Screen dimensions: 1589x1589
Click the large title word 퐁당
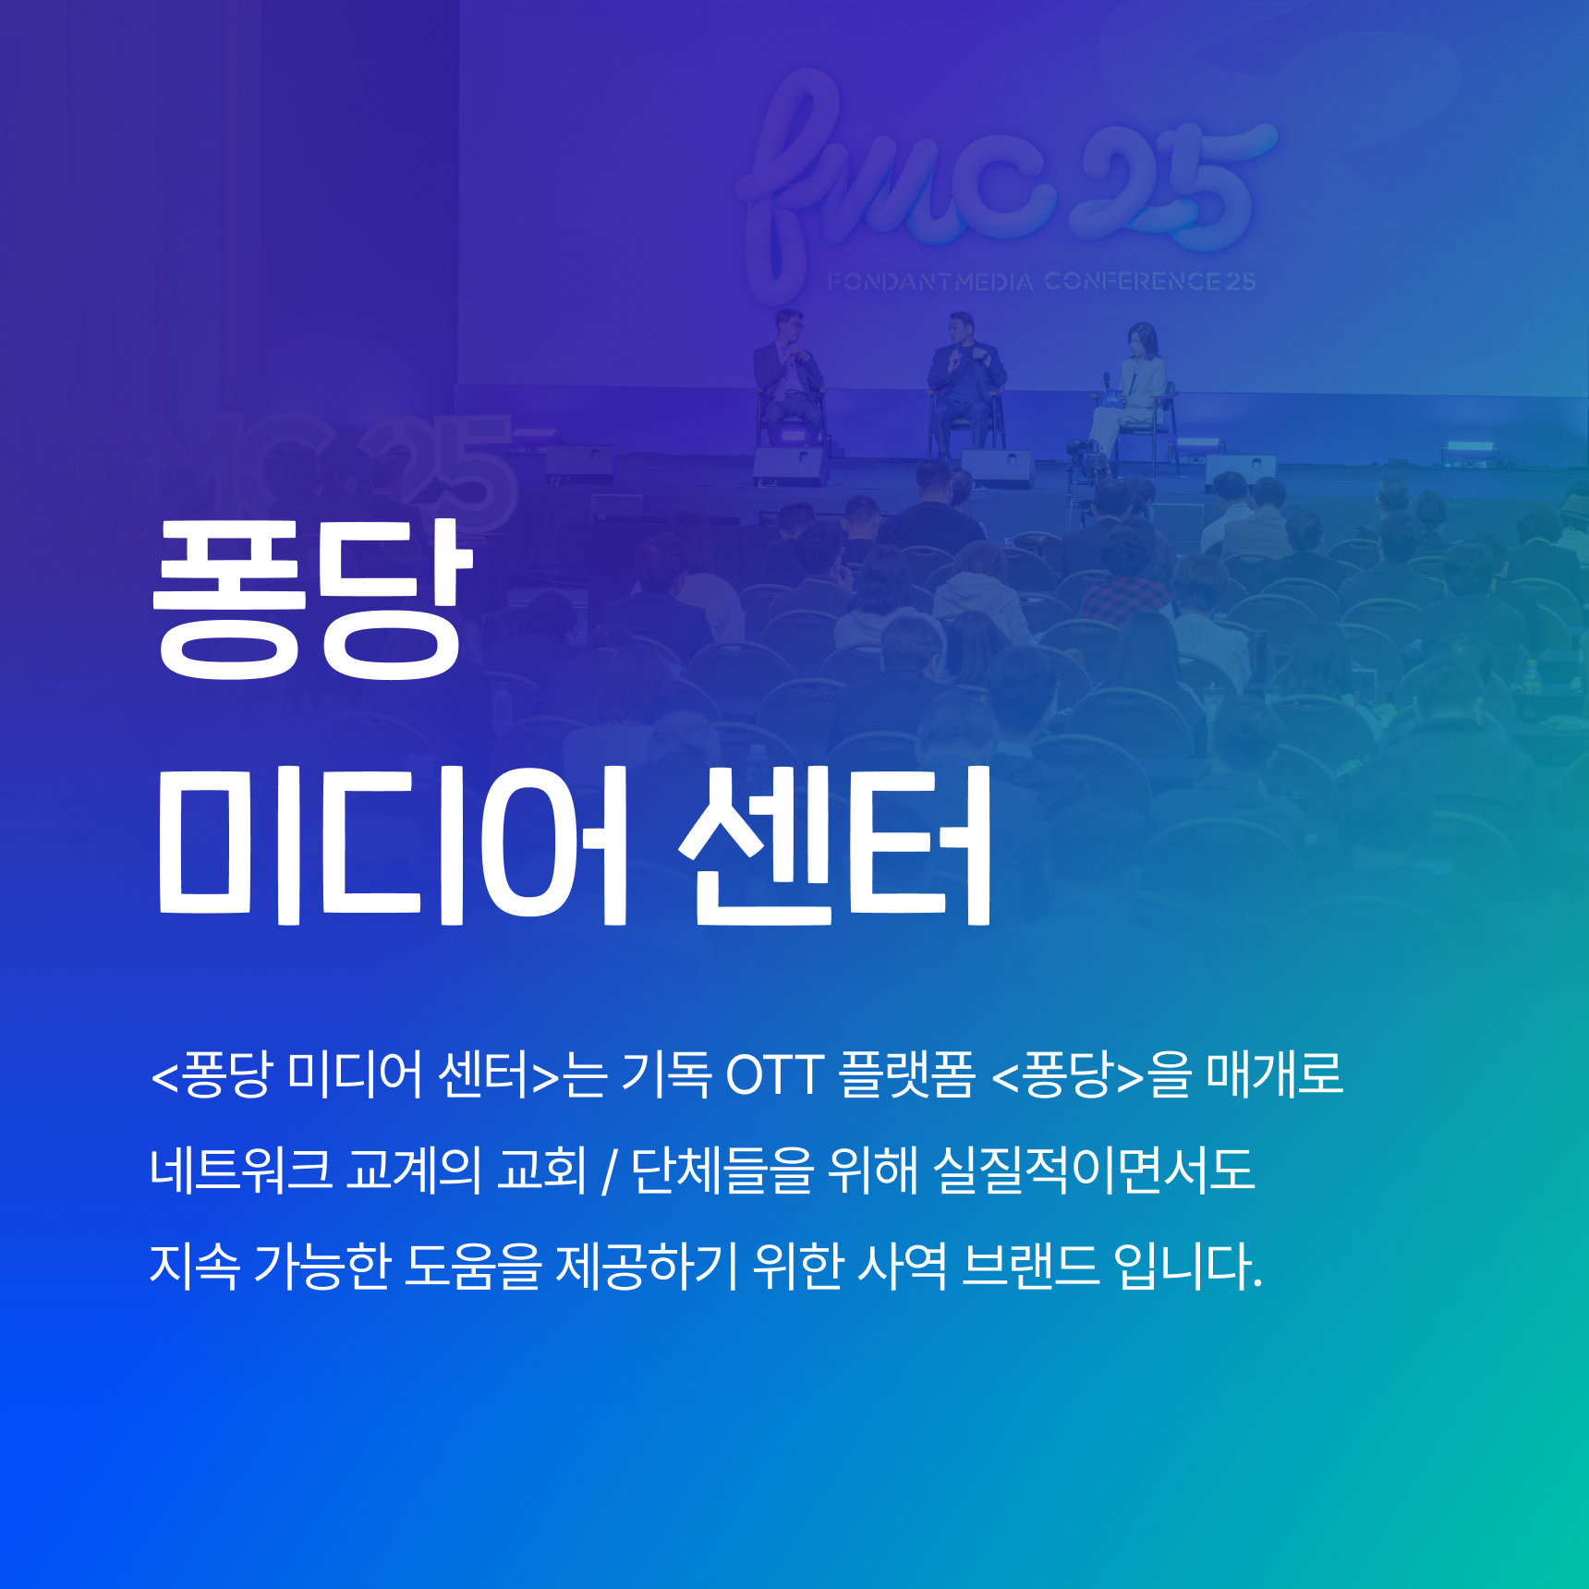312,599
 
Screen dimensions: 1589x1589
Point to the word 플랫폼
906,1074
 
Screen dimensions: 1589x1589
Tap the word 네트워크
240,1170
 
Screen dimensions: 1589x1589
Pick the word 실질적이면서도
1094,1170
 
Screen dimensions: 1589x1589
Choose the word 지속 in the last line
194,1265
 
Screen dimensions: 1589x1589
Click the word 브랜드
1030,1265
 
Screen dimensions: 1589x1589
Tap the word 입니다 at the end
1188,1265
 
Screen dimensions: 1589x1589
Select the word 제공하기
647,1265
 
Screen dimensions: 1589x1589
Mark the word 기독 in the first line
666,1074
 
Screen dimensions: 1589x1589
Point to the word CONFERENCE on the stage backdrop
1134,281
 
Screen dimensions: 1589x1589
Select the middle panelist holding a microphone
964,383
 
